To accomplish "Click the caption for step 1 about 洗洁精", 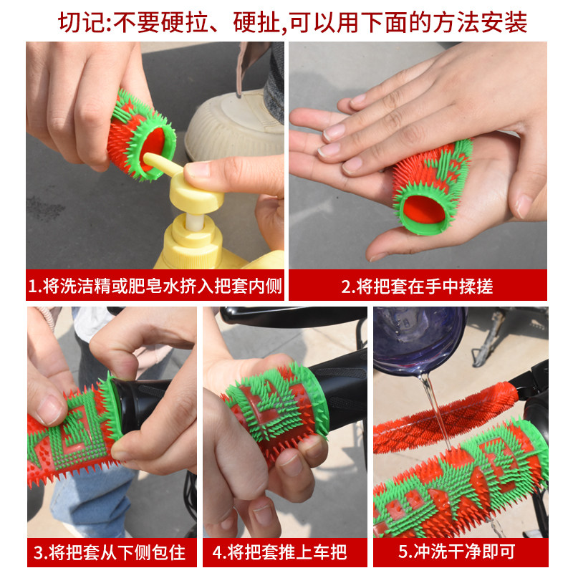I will (155, 286).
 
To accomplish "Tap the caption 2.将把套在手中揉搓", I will (417, 286).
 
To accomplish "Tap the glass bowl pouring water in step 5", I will (419, 337).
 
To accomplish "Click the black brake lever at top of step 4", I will (286, 315).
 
